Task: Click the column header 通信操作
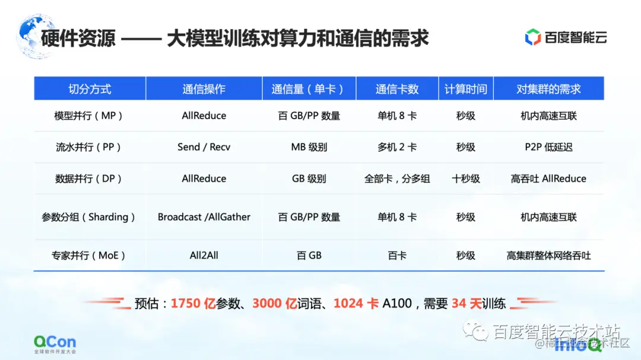pos(204,89)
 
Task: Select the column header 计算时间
pos(466,89)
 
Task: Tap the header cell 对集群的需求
pos(548,89)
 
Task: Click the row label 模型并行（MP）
pos(89,116)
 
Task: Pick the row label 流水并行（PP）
pos(89,147)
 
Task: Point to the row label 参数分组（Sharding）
pos(89,217)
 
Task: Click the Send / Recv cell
pos(204,147)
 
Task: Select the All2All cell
pos(204,256)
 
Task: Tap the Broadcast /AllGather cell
pos(204,217)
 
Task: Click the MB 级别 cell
pos(309,147)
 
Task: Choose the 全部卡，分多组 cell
pos(397,179)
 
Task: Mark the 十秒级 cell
pos(466,179)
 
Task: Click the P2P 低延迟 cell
pos(548,147)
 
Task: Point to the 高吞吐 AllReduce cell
pos(548,179)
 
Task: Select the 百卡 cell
pos(397,256)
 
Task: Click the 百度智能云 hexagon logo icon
pos(532,37)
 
